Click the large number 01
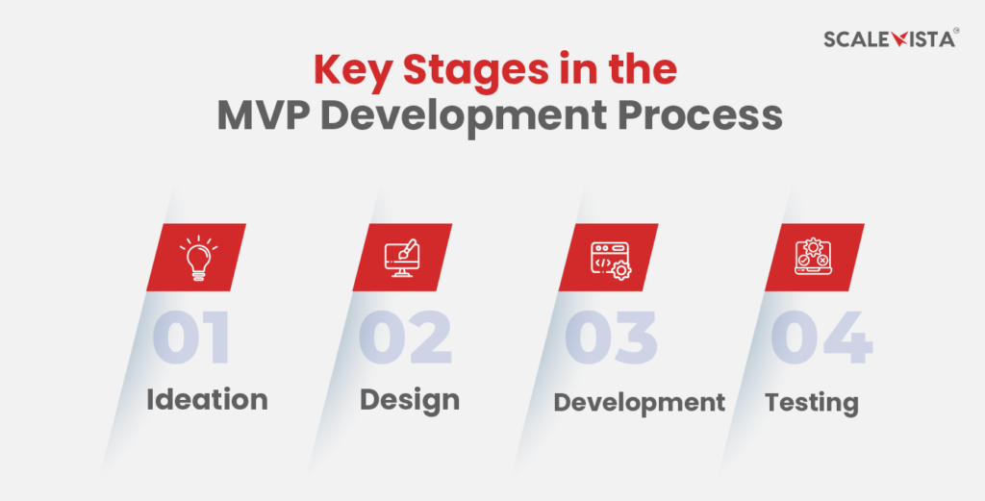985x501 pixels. click(x=192, y=338)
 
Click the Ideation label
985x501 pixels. click(x=207, y=399)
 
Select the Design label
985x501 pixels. click(x=409, y=399)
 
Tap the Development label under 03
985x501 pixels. click(x=639, y=401)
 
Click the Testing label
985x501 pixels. click(x=811, y=401)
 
